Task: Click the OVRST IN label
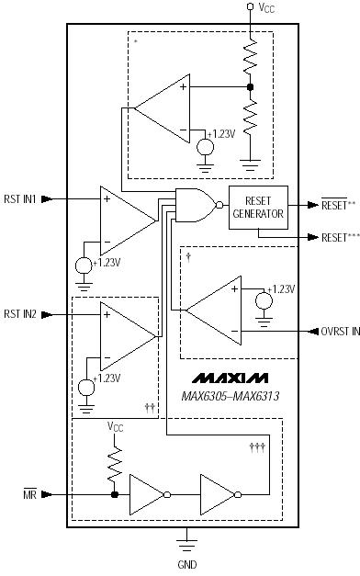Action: point(340,332)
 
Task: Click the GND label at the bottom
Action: point(186,564)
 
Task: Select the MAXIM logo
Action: point(230,378)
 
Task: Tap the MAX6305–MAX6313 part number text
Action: point(230,396)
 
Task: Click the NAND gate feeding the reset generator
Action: point(195,206)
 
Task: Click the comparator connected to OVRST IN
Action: point(213,312)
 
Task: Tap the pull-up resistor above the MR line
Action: point(113,464)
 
